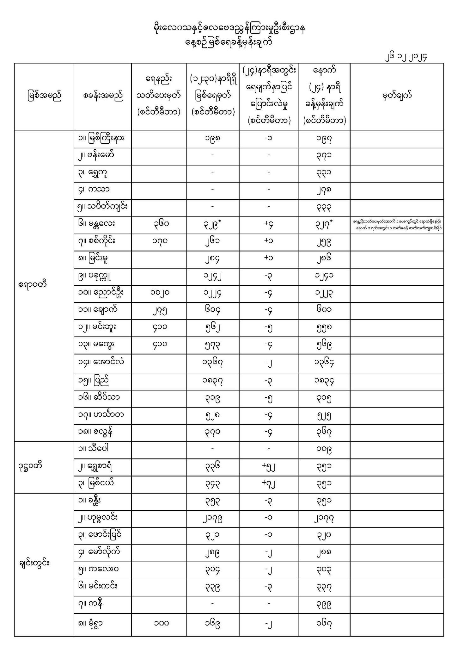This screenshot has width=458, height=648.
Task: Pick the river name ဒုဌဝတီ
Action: coord(30,466)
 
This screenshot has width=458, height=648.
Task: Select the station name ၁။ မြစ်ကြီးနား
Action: coord(101,138)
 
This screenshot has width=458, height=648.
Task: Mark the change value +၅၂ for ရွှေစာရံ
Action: coord(268,467)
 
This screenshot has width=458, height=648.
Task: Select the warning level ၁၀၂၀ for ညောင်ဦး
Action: coord(160,293)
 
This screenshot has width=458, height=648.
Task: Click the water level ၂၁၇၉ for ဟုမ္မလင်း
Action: coord(212,518)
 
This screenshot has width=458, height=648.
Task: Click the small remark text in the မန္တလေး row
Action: coord(397,225)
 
